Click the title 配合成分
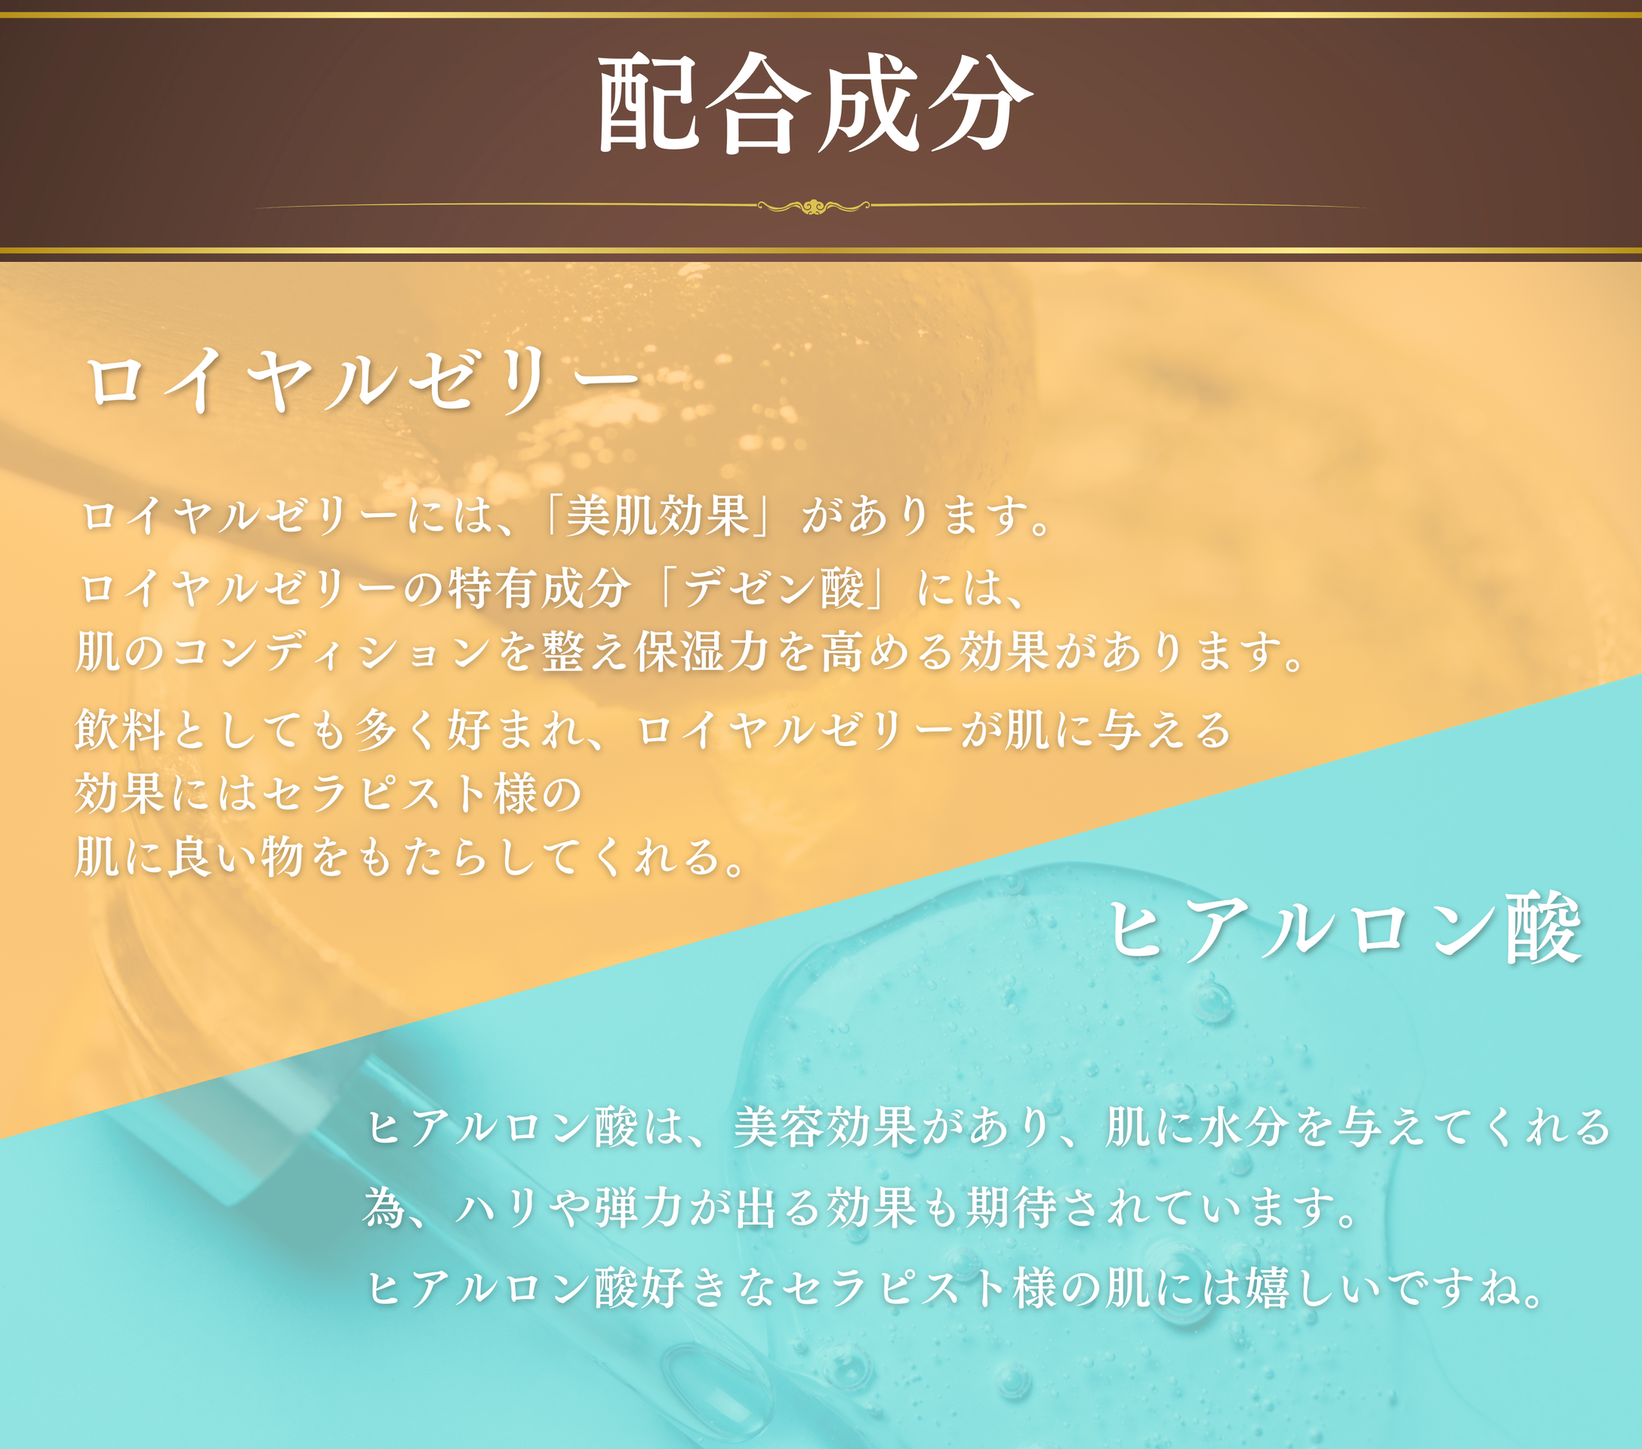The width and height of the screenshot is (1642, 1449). pos(815,103)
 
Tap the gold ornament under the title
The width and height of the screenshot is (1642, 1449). pos(813,207)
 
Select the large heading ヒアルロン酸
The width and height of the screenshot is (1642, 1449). pos(1345,928)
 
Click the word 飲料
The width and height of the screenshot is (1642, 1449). pos(121,730)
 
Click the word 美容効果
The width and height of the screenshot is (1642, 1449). pos(826,1127)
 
